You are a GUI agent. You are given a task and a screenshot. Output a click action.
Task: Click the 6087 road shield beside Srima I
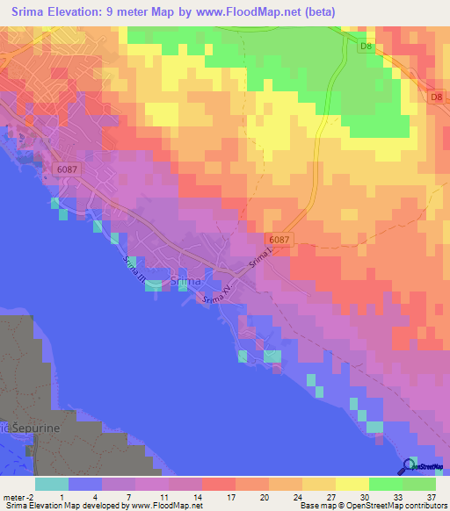click(279, 239)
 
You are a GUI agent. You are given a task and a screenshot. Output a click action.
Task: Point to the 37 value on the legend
click(432, 496)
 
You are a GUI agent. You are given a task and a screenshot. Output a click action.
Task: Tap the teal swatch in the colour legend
click(51, 484)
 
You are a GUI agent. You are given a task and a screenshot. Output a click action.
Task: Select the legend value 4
click(95, 496)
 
